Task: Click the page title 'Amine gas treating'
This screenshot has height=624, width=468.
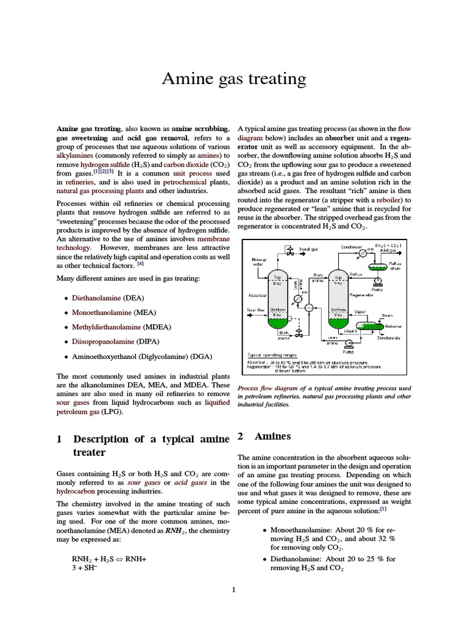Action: (233, 79)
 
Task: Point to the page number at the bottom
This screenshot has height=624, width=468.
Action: (234, 589)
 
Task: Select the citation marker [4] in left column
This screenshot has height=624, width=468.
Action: (140, 264)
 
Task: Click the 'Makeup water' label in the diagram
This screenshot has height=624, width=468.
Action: (258, 262)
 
